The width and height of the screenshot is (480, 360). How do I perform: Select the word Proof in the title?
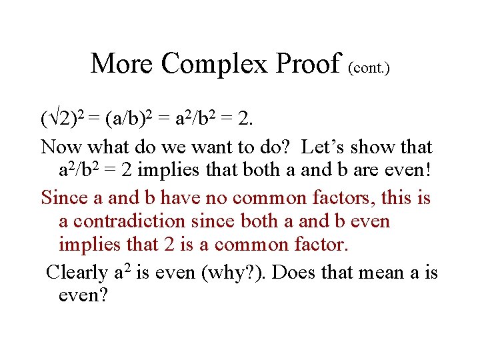[x=309, y=64]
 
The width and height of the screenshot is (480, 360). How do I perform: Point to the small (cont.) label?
[x=369, y=68]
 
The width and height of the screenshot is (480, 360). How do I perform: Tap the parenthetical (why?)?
[x=238, y=273]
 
